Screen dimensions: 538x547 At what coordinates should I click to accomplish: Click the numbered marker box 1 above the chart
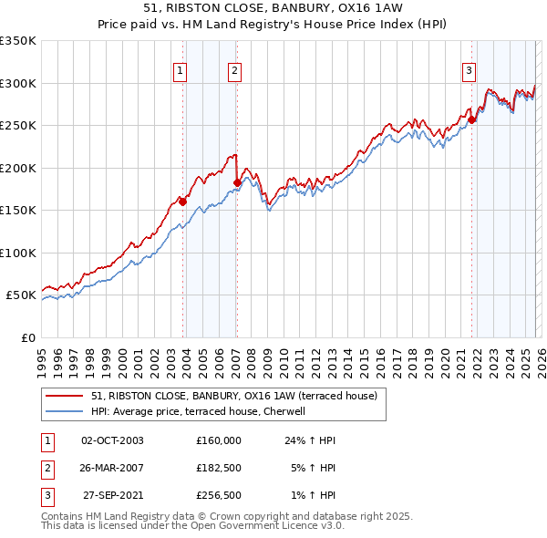pos(180,70)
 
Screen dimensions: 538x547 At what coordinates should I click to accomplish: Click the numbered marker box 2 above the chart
pos(234,70)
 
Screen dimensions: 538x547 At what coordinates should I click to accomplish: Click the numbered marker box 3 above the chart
pos(469,70)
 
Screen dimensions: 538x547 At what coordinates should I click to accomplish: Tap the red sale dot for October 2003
pos(182,202)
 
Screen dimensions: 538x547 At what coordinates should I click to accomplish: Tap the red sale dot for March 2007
pos(237,182)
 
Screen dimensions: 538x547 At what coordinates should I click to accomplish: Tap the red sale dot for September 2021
pos(472,119)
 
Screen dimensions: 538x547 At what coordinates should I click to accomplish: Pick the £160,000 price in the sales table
pos(218,440)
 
